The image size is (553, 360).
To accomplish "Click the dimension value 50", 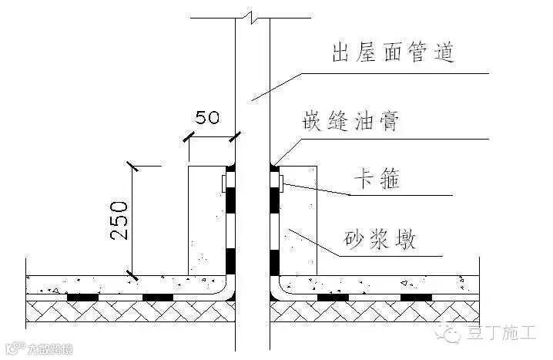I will pyautogui.click(x=206, y=118).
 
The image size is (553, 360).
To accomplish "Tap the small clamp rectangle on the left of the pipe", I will pyautogui.click(x=223, y=183).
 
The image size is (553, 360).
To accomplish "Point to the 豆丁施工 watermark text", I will pyautogui.click(x=501, y=333).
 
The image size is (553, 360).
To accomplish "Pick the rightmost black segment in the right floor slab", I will pyautogui.click(x=415, y=296).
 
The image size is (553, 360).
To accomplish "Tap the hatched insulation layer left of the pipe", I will pyautogui.click(x=131, y=311).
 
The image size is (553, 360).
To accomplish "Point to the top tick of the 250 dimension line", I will pyautogui.click(x=133, y=166).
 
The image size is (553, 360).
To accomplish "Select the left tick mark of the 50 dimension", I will pyautogui.click(x=188, y=138).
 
